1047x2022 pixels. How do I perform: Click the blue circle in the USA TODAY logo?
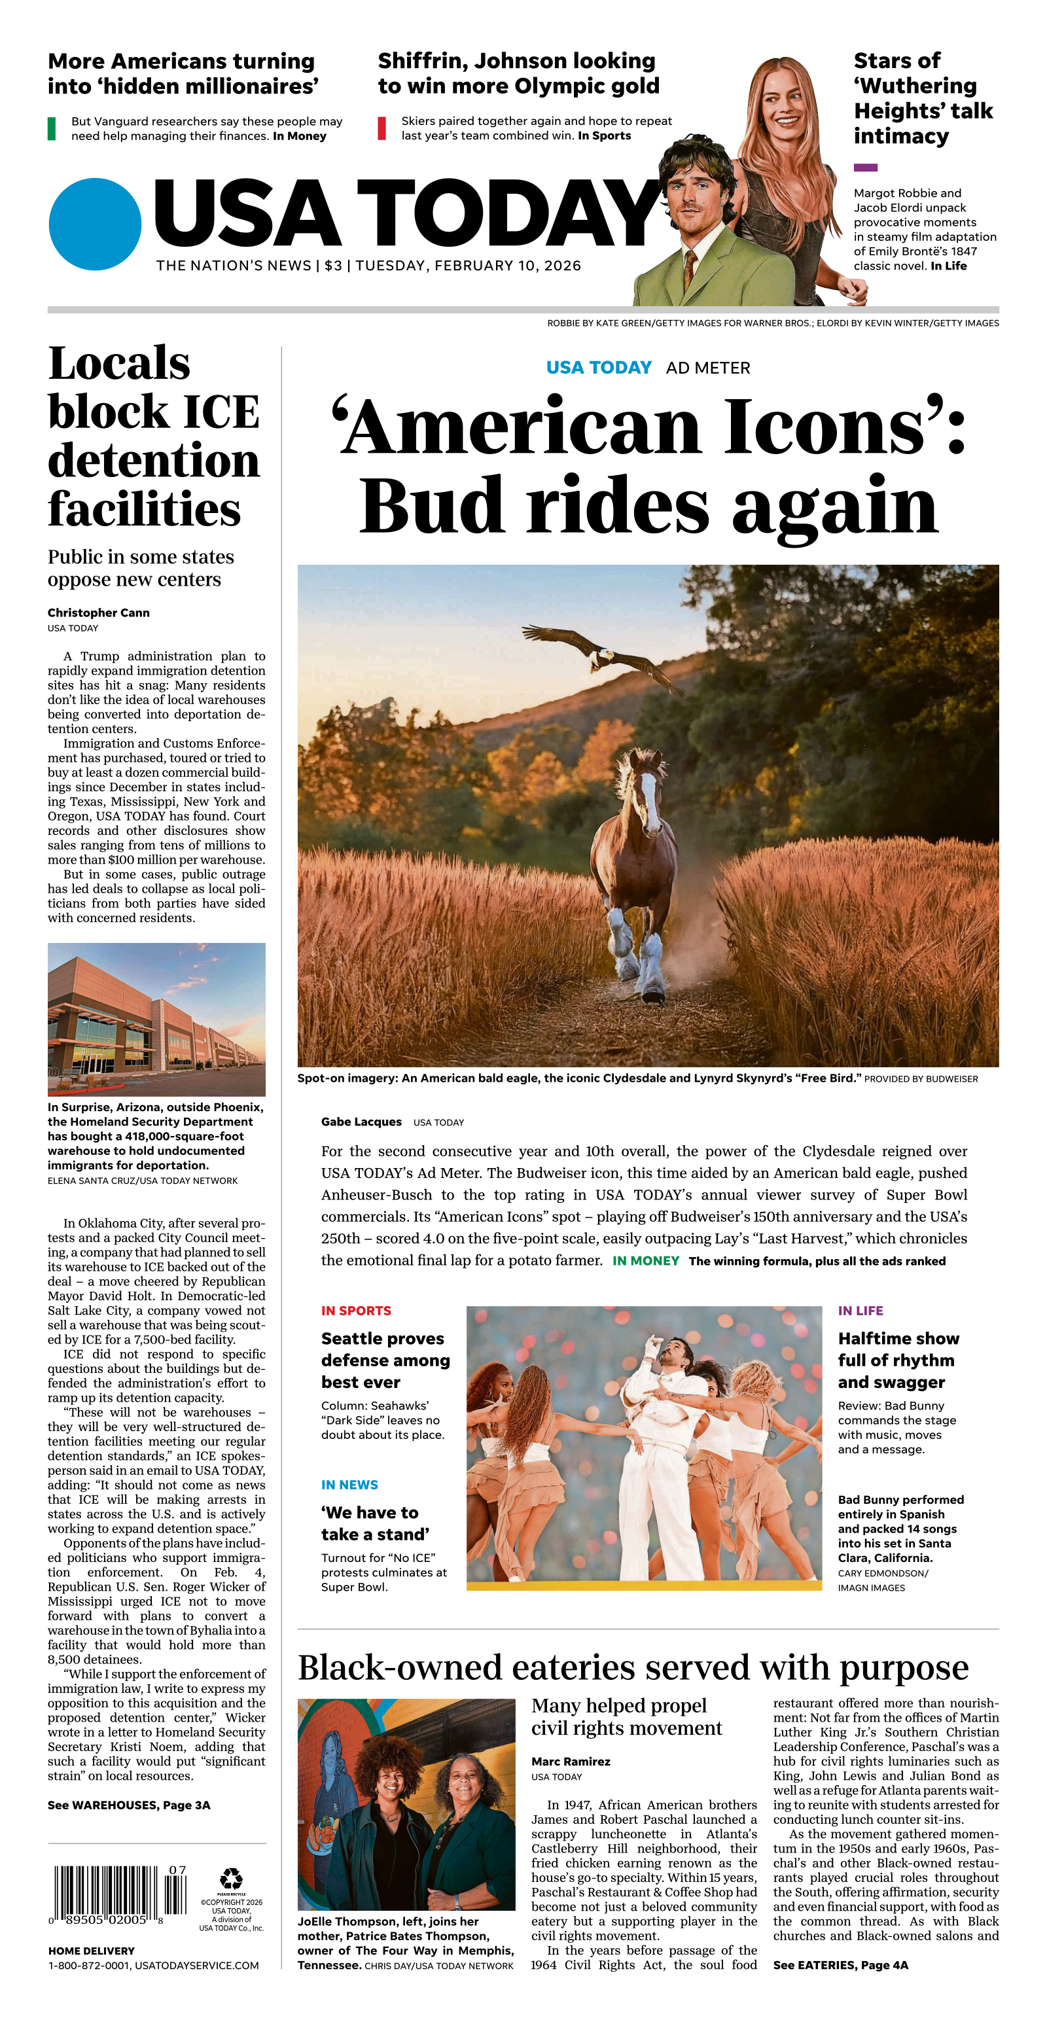point(95,224)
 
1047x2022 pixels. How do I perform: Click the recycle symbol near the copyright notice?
point(232,1878)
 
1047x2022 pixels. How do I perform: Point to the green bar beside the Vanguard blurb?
point(52,129)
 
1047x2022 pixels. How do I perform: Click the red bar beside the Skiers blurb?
point(382,128)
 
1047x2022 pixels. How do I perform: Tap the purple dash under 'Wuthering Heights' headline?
point(865,168)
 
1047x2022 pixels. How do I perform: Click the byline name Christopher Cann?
point(98,612)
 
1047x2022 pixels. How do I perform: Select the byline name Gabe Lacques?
point(361,1122)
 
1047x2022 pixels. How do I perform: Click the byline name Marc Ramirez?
point(571,1762)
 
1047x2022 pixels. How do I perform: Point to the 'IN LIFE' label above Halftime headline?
point(861,1310)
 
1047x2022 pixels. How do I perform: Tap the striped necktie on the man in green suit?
point(689,268)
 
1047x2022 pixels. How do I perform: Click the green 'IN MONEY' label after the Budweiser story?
point(645,1260)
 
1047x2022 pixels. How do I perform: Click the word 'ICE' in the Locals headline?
point(221,412)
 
